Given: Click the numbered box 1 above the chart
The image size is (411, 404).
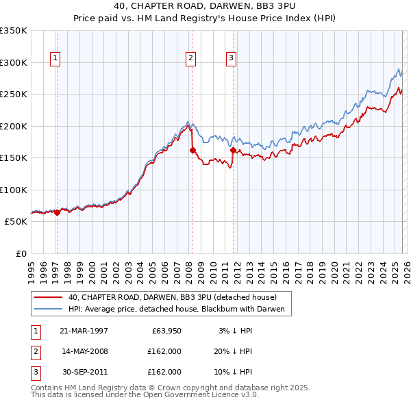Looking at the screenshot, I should [x=55, y=58].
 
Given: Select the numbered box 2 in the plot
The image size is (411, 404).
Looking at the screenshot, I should [x=190, y=58].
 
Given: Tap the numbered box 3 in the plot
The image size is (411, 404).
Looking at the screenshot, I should [x=232, y=58].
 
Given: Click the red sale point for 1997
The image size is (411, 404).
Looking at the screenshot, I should [x=57, y=212].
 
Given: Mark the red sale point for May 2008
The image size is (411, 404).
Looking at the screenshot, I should [x=192, y=150].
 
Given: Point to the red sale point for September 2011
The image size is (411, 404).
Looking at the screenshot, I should [x=234, y=150].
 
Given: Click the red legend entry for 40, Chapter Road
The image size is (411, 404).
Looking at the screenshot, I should [x=172, y=297].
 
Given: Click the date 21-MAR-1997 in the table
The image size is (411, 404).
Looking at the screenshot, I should [x=84, y=331].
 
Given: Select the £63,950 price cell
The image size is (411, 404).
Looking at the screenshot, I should [x=164, y=331].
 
